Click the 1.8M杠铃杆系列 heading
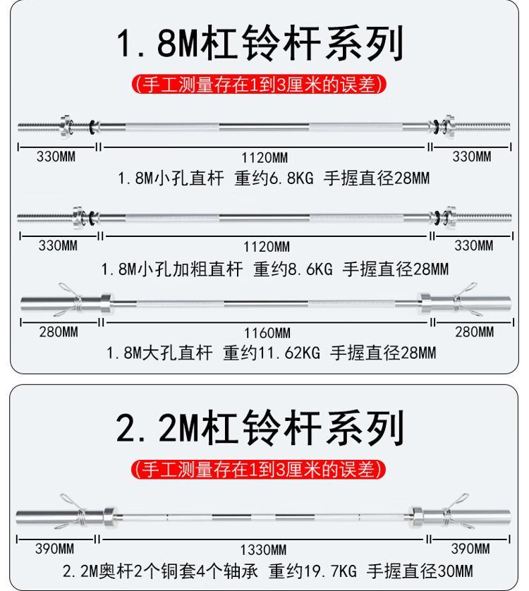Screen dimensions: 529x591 [260, 43]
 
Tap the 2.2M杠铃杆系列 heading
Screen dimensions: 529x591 [260, 429]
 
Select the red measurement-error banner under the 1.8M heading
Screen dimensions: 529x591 [260, 85]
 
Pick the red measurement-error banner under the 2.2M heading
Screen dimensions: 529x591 [259, 470]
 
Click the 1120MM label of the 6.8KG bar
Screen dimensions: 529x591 [264, 157]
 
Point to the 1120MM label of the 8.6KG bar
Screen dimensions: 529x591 [266, 247]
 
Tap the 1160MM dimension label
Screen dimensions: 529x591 [267, 333]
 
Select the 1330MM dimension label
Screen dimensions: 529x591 [263, 549]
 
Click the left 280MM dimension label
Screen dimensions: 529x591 [59, 332]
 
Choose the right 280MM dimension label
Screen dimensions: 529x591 [474, 332]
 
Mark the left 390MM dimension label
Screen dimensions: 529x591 [55, 549]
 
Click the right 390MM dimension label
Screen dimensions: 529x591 [470, 549]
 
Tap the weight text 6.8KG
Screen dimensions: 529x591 [291, 178]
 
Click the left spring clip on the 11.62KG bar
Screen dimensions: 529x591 [71, 299]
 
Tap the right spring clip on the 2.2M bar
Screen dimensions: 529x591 [456, 511]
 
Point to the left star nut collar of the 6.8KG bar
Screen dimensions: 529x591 [66, 126]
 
